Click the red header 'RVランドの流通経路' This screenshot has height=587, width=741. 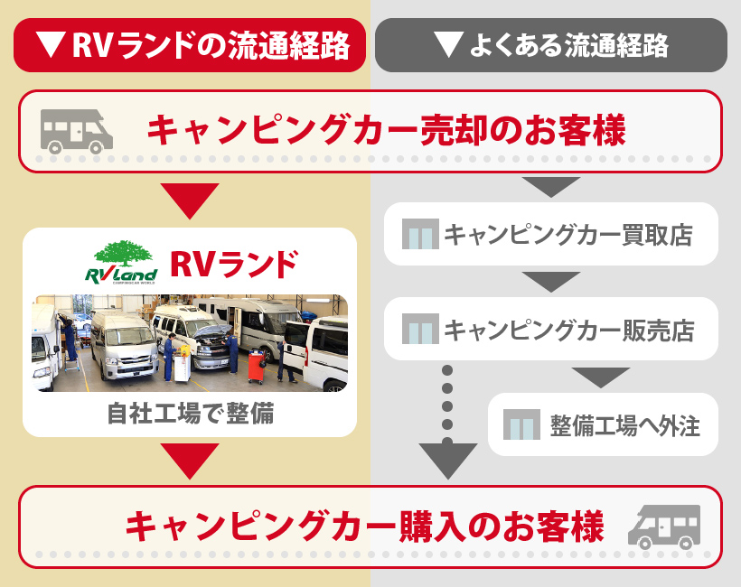(x=190, y=45)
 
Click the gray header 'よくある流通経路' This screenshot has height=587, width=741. (x=550, y=45)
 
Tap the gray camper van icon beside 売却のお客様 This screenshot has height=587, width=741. (x=77, y=130)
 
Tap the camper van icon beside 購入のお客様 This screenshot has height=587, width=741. (x=664, y=526)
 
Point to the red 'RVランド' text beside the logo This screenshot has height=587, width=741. (x=233, y=264)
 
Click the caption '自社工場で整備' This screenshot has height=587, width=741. (x=190, y=415)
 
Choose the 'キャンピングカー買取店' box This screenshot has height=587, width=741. (x=551, y=235)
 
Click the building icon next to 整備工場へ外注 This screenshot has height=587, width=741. (x=521, y=424)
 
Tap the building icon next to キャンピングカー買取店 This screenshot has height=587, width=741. (x=419, y=235)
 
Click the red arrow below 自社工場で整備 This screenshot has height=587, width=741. (x=189, y=461)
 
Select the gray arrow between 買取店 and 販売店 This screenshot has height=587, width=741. (x=550, y=282)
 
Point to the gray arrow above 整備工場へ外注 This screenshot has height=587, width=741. (x=601, y=377)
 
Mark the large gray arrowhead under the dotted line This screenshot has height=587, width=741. (x=448, y=461)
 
